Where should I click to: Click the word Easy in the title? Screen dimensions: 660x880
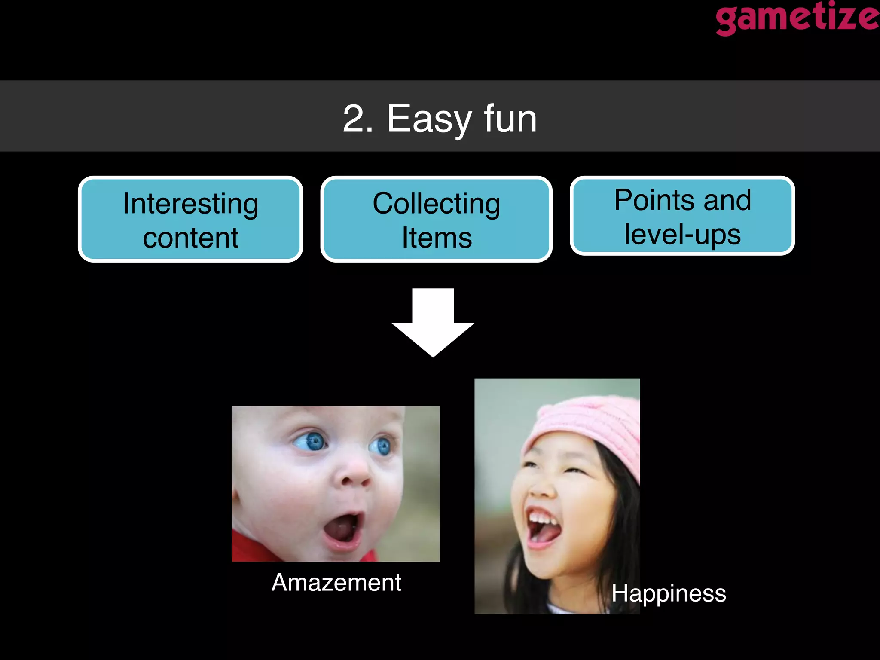pos(429,119)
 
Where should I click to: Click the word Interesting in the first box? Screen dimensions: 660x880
pos(191,203)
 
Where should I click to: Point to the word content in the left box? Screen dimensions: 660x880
pos(190,238)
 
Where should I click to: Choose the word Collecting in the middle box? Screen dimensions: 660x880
pos(436,203)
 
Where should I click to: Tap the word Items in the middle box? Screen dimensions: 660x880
pos(437,238)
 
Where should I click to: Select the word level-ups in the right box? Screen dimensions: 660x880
pos(682,235)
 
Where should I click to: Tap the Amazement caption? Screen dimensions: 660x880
pos(336,583)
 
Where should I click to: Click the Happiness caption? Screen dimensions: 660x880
pos(669,593)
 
